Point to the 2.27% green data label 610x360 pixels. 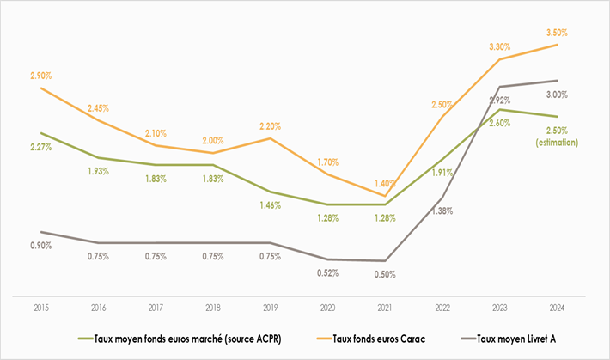(40, 147)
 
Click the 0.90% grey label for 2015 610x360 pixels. (40, 246)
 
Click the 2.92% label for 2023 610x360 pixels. (500, 101)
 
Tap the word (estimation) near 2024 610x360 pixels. (557, 142)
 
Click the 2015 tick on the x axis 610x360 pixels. (40, 307)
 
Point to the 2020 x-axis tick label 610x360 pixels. (326, 307)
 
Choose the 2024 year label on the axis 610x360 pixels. (557, 307)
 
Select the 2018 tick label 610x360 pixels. (212, 307)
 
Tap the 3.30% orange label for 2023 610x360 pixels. (498, 45)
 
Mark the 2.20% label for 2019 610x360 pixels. (270, 126)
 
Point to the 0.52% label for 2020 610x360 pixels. (326, 273)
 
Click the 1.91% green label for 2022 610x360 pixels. (441, 172)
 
